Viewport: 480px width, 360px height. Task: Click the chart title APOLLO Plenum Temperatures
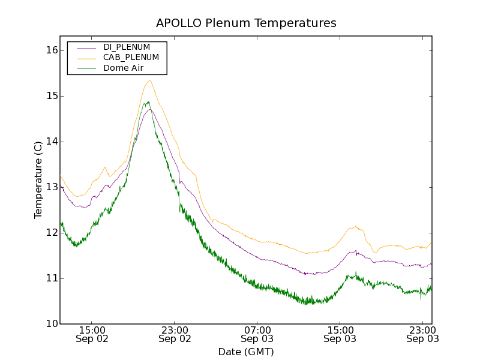pos(246,23)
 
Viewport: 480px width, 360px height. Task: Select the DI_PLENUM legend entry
pos(127,47)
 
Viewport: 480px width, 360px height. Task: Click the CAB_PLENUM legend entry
pos(131,57)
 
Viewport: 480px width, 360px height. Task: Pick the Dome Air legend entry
pos(124,68)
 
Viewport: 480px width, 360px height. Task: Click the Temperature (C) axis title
pos(38,180)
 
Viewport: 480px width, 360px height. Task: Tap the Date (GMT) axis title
pos(246,352)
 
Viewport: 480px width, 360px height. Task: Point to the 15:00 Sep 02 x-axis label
pos(92,334)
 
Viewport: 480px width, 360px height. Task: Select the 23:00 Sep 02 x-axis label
pos(175,334)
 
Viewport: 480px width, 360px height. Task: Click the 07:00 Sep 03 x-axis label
pos(257,334)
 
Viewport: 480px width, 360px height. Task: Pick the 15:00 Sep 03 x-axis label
pos(340,334)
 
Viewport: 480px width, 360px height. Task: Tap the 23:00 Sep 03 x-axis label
pos(422,334)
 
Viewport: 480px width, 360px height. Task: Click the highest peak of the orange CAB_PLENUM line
pos(149,80)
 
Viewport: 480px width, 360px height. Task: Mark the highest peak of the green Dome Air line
pos(148,102)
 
